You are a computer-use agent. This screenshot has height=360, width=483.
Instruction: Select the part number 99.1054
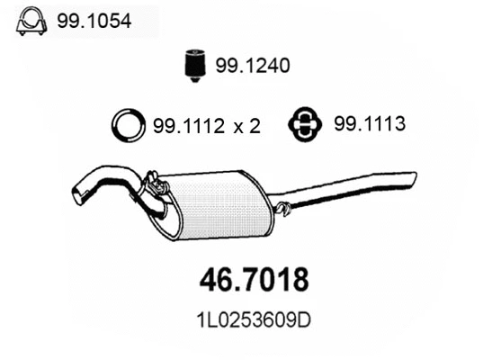[94, 22]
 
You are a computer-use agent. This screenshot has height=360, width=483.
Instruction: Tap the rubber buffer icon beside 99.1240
[191, 66]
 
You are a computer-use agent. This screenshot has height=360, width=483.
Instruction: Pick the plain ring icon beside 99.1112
[128, 126]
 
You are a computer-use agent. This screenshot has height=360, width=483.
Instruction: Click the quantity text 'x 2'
[248, 127]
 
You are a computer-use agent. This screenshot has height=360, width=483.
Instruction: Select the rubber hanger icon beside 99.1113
[304, 125]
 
